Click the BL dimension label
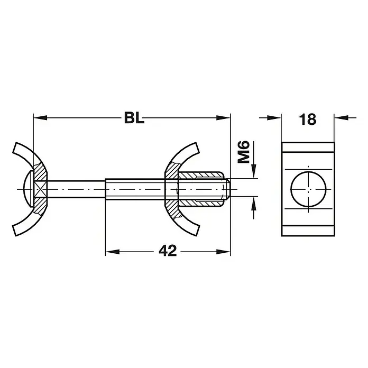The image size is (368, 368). point(134,118)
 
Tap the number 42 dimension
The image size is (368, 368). point(168,251)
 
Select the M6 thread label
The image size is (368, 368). point(243,152)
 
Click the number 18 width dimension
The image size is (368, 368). point(307,119)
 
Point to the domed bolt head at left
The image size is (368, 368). point(28,189)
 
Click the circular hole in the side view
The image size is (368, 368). point(308,189)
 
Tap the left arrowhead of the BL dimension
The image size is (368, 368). point(40,117)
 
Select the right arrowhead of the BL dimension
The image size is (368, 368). point(223,117)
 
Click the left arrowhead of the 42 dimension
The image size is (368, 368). point(113,252)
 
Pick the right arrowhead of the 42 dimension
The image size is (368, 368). point(223,252)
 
